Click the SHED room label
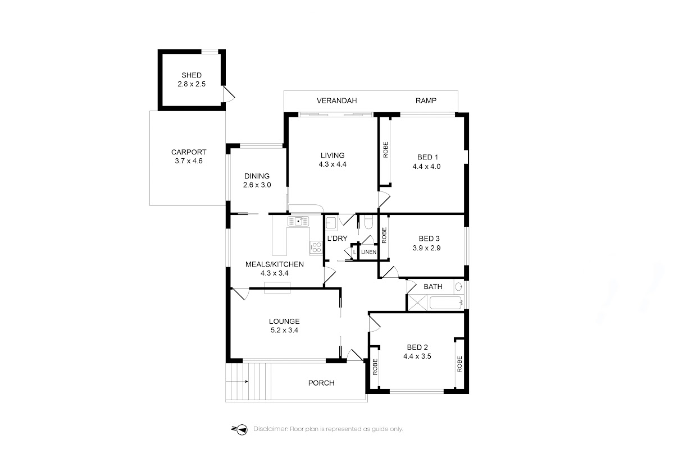(x=192, y=75)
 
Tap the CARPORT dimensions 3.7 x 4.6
(x=189, y=161)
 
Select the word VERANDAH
(x=336, y=100)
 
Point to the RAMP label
(x=426, y=100)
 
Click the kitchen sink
(x=298, y=221)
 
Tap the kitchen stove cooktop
(x=316, y=248)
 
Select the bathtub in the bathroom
(x=446, y=303)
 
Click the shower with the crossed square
(x=417, y=303)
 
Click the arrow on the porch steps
(x=237, y=382)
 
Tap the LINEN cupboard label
(x=368, y=252)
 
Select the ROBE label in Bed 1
(x=385, y=150)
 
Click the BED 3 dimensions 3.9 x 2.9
(x=427, y=248)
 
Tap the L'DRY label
(x=337, y=238)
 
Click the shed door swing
(x=229, y=94)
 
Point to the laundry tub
(x=331, y=223)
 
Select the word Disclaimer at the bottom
(x=271, y=429)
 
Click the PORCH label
(x=321, y=383)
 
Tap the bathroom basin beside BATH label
(x=458, y=287)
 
